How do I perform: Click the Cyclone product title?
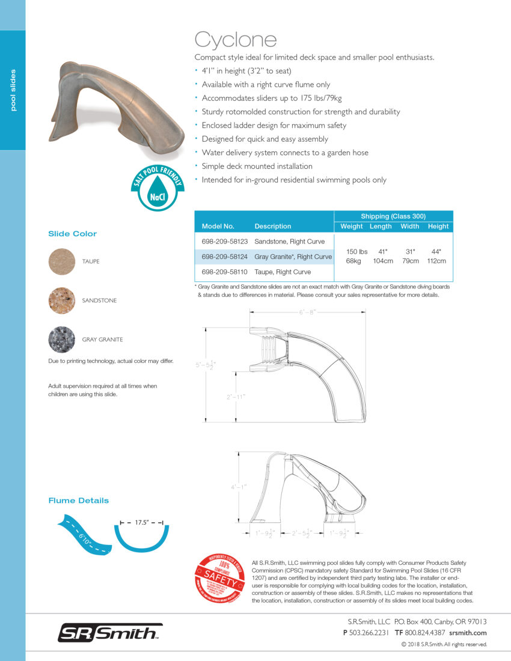(x=236, y=40)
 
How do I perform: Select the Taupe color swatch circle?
(x=61, y=261)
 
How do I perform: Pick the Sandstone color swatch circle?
(x=61, y=300)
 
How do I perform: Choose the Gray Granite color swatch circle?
(x=61, y=339)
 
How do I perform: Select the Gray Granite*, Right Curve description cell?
(x=293, y=257)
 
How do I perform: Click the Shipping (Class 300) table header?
(x=393, y=216)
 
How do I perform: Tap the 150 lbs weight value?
(x=356, y=251)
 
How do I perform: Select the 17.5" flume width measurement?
(x=142, y=523)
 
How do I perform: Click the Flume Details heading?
(x=79, y=500)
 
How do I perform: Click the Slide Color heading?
(x=72, y=234)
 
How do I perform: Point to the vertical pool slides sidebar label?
(x=13, y=90)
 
